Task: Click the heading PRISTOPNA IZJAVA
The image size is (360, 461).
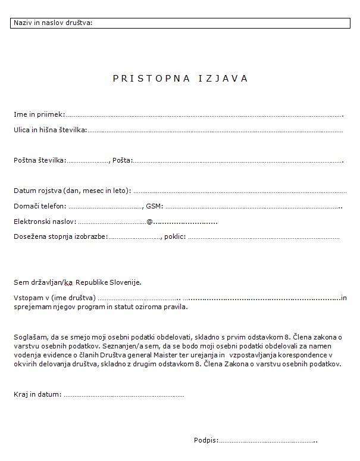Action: coord(180,79)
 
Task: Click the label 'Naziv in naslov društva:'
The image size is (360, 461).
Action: coord(53,23)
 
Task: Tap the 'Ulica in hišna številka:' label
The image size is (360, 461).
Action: coord(51,129)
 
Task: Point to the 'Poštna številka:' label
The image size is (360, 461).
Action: coord(40,160)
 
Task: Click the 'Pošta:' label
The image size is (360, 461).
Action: coord(123,160)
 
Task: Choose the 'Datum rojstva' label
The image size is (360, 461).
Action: coord(72,191)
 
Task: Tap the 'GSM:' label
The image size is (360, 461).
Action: coord(155,206)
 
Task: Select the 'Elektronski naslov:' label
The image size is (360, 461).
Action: coord(45,222)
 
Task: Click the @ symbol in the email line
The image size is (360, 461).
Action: coord(150,222)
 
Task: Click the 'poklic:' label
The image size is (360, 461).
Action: coord(175,236)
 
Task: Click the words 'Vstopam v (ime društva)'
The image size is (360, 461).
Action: coord(55,297)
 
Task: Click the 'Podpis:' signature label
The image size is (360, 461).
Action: coord(206,441)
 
